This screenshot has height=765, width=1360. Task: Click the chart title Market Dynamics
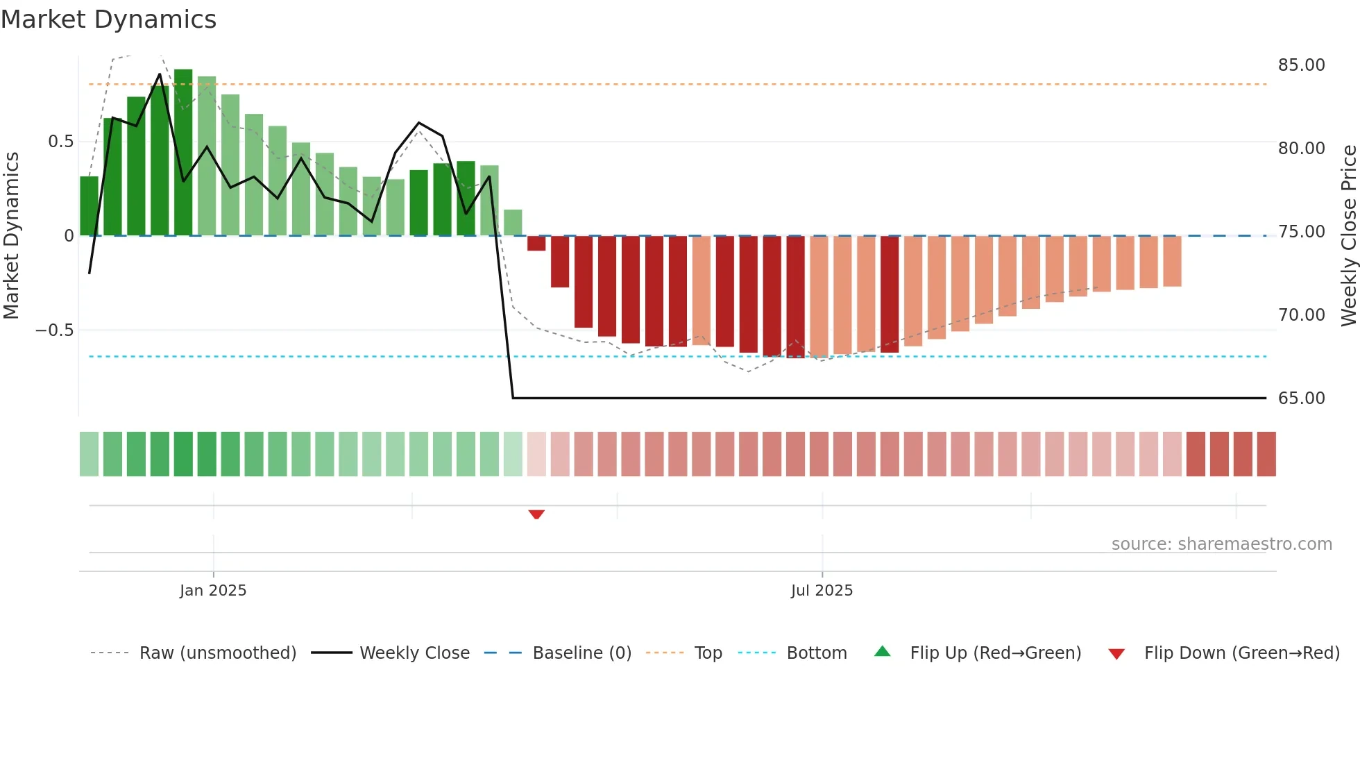[x=109, y=19]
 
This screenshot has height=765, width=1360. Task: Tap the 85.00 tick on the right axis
[x=1301, y=65]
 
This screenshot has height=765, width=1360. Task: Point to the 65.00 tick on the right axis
[x=1301, y=398]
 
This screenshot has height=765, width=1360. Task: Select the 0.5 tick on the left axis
[x=60, y=142]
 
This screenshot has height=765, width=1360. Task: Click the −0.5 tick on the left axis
[x=55, y=330]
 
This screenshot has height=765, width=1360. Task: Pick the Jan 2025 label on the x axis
[x=213, y=591]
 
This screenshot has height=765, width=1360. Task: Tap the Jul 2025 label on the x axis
[x=822, y=591]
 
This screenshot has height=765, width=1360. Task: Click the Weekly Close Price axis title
[x=1348, y=235]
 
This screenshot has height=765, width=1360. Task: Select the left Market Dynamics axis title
[x=11, y=235]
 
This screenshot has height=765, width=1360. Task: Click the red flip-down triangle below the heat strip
[x=536, y=514]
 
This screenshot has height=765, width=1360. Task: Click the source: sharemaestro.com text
[x=1221, y=544]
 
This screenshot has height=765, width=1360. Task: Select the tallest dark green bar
[x=183, y=153]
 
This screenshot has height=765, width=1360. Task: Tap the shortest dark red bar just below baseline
[x=536, y=244]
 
